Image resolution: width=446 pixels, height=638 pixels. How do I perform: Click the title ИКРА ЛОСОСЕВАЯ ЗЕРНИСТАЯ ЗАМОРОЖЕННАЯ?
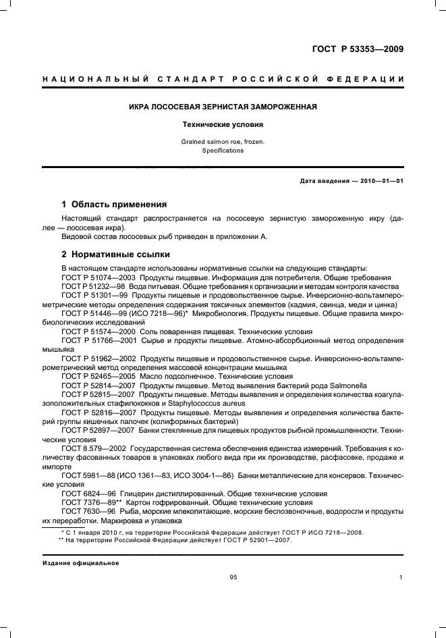223,107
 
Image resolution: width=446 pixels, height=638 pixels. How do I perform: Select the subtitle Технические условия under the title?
223,125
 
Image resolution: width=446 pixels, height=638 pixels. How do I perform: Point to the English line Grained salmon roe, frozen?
223,142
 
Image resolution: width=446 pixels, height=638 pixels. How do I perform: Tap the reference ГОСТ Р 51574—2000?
98,331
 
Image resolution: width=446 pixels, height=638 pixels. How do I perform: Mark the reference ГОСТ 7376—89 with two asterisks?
92,502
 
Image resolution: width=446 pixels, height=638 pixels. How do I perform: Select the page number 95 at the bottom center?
233,577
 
